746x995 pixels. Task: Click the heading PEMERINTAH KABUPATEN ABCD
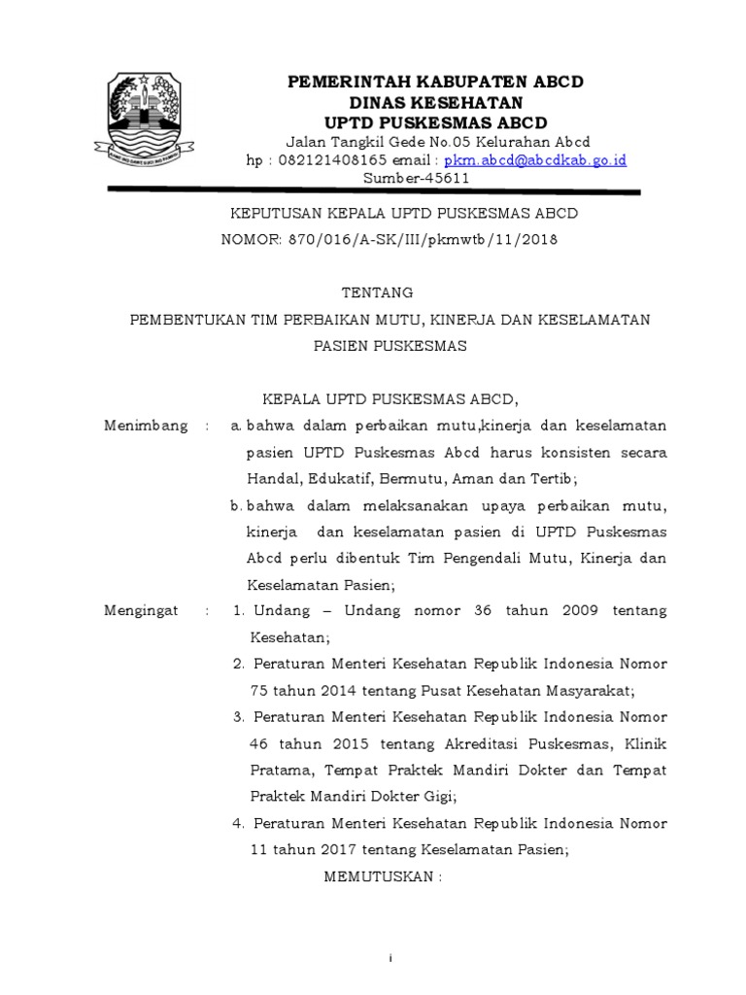[x=436, y=82]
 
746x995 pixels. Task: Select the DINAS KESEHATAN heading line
[x=436, y=102]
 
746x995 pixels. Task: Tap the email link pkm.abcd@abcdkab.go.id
[x=535, y=159]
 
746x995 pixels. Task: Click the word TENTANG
[x=380, y=292]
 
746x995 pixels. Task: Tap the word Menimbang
[x=146, y=427]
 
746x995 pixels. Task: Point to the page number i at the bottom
[x=390, y=958]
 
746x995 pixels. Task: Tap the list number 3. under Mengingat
[x=238, y=717]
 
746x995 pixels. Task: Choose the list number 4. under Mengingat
[x=238, y=823]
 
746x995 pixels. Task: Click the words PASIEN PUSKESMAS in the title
[x=390, y=345]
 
